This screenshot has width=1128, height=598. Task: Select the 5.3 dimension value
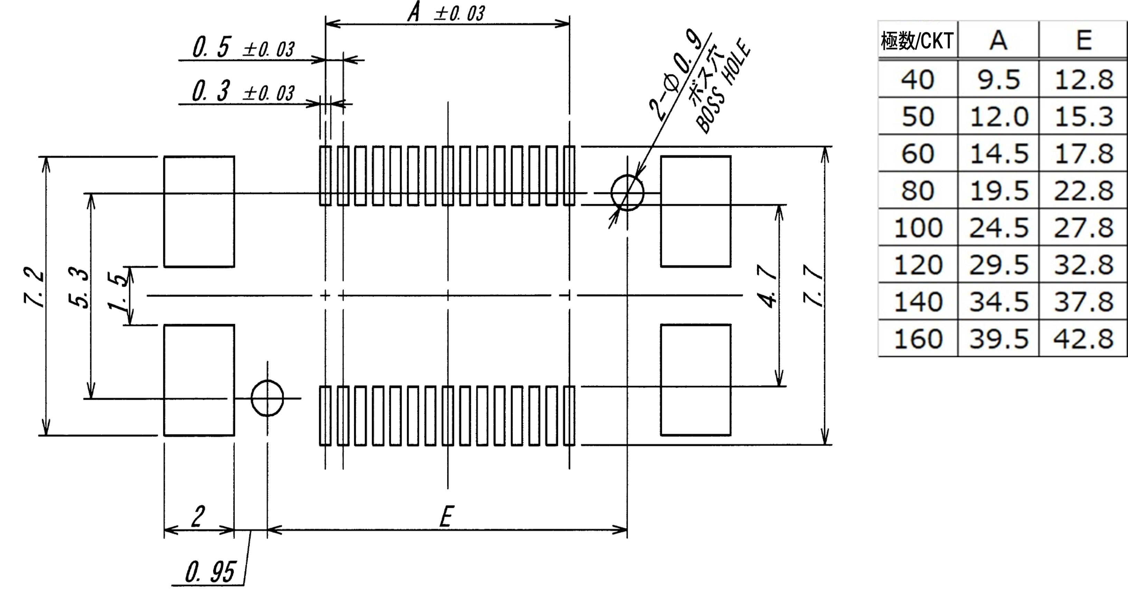tap(79, 289)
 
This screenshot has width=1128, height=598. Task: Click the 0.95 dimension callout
tap(210, 572)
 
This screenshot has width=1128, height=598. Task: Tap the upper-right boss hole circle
tap(627, 193)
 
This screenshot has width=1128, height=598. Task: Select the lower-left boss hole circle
tap(267, 398)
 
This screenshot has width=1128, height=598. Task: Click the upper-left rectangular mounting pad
tap(199, 211)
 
